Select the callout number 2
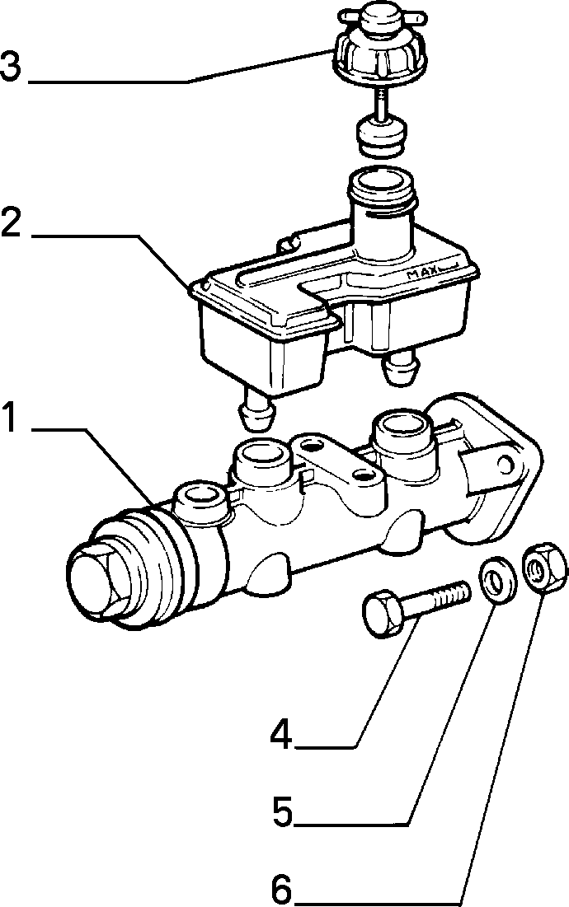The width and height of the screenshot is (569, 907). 11,222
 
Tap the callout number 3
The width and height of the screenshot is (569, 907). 11,66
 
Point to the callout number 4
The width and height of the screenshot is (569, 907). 281,734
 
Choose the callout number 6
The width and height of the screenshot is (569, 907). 282,890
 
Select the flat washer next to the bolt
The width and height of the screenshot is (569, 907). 497,579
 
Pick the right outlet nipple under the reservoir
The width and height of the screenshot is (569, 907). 400,367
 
